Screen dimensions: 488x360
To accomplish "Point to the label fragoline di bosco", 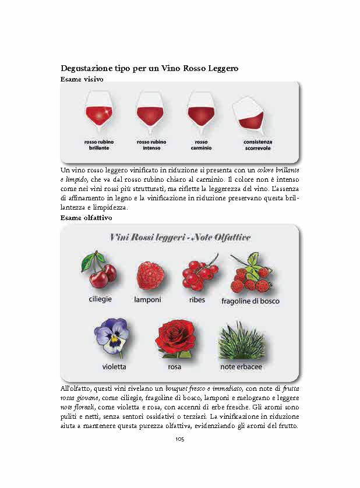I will (x=250, y=301).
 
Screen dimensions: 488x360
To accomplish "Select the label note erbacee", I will (x=241, y=367).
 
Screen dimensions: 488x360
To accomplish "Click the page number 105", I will (x=179, y=439).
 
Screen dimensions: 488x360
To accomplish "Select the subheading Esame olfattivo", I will (x=86, y=217).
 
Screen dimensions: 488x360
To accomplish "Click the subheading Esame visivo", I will (x=82, y=79).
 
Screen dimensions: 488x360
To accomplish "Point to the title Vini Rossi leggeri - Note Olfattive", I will (x=180, y=237).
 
